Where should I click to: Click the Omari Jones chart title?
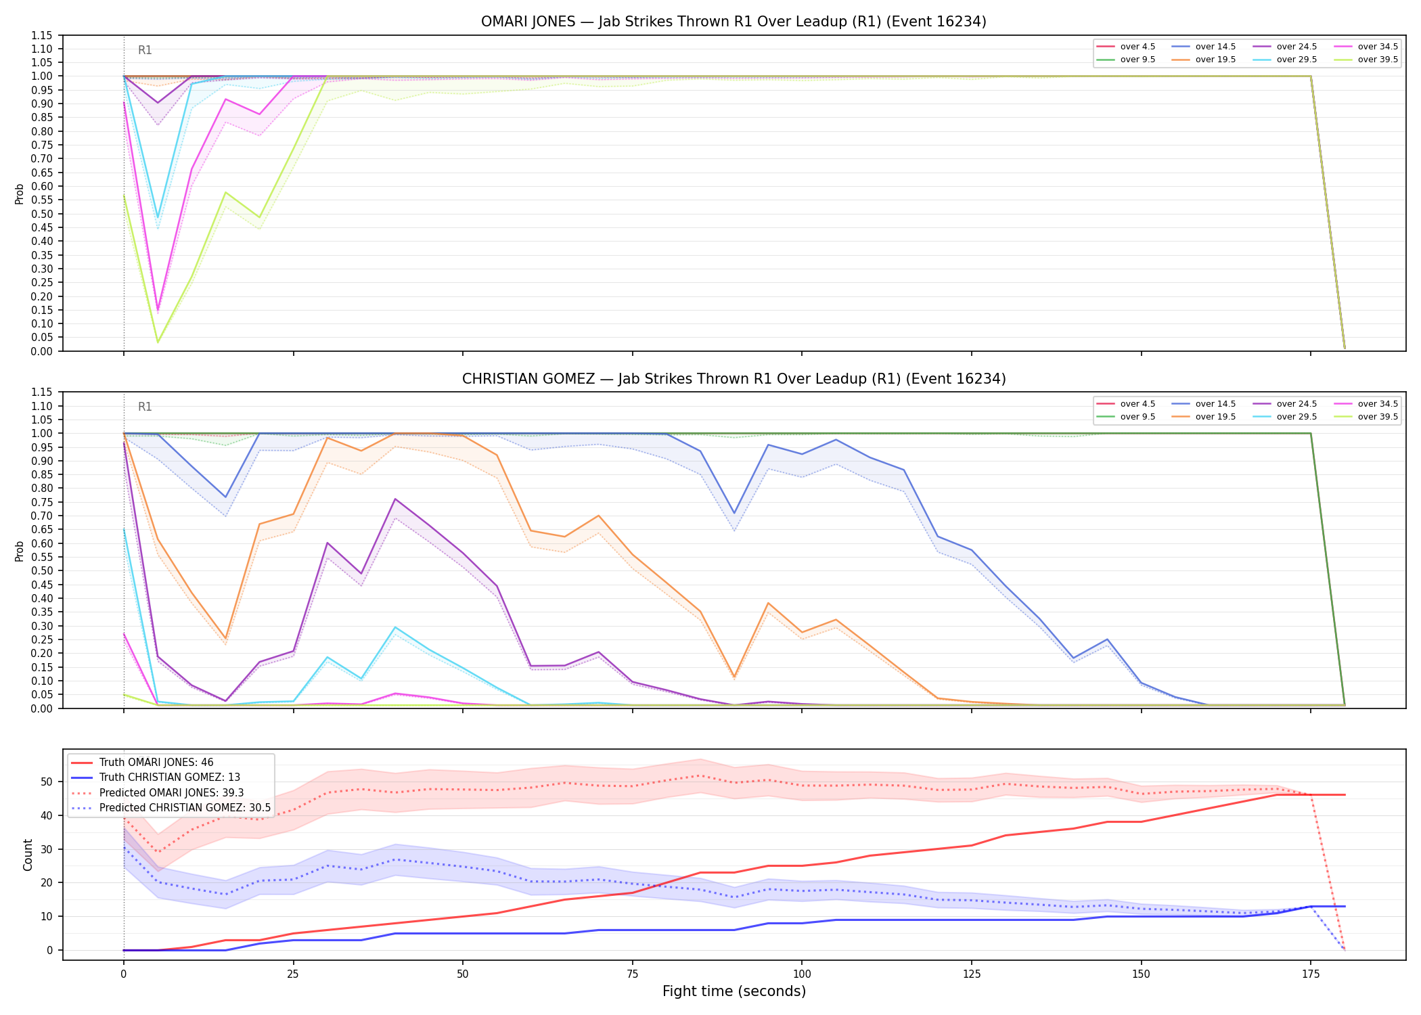coord(734,22)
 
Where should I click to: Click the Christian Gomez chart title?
coord(734,379)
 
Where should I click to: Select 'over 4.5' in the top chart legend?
coord(1137,47)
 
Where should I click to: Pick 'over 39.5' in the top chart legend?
coord(1378,60)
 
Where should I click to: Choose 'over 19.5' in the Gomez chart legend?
coord(1215,417)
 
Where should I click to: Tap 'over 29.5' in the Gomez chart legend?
coord(1296,417)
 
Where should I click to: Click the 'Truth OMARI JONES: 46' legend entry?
coord(156,763)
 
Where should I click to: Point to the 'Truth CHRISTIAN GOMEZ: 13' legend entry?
coord(170,777)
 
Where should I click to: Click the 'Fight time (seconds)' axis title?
coord(734,991)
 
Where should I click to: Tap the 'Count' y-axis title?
coord(28,855)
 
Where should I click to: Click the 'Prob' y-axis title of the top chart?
coord(20,194)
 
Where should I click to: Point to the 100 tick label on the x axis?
coord(802,974)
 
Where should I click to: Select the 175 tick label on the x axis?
coord(1311,974)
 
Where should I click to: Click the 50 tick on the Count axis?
coord(47,782)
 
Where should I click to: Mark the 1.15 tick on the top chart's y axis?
coord(42,35)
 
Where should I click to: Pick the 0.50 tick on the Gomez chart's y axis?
coord(42,570)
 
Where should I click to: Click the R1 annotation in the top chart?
coord(145,50)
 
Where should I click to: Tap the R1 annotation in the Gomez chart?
coord(145,407)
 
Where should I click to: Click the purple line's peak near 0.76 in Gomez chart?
coord(395,499)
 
